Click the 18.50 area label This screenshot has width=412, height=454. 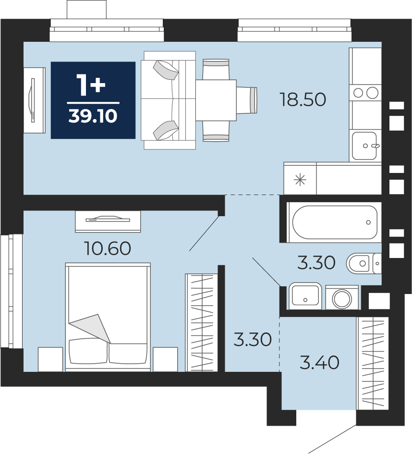point(303,99)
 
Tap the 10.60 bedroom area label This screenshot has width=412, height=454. point(108,248)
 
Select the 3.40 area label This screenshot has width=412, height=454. point(319,363)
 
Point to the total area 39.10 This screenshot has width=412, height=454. point(93,116)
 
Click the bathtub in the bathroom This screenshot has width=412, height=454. point(335,222)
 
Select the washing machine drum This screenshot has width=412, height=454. point(342,299)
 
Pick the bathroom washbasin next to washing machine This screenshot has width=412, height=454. point(305,295)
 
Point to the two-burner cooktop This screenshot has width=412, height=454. point(365,93)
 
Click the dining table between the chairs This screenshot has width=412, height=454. point(216,100)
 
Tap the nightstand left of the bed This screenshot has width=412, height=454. point(50,359)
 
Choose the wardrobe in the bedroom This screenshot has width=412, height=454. point(201,322)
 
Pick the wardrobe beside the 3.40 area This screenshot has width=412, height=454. point(372,363)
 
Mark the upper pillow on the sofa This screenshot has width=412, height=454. point(166,70)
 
